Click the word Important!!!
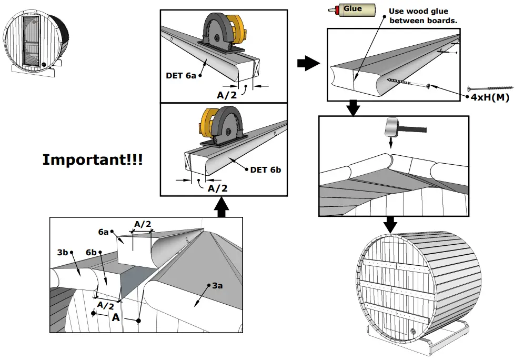(x=92, y=160)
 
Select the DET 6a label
(x=181, y=75)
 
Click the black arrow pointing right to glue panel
(x=307, y=64)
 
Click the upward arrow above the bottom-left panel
(x=222, y=207)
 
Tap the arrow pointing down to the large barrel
(x=390, y=224)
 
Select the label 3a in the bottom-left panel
(x=217, y=286)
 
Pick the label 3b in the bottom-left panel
(x=63, y=252)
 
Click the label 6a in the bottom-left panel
(x=103, y=232)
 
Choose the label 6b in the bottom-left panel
(x=92, y=253)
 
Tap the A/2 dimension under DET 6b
(x=218, y=188)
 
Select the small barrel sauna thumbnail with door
(x=32, y=42)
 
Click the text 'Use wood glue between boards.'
(x=422, y=16)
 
